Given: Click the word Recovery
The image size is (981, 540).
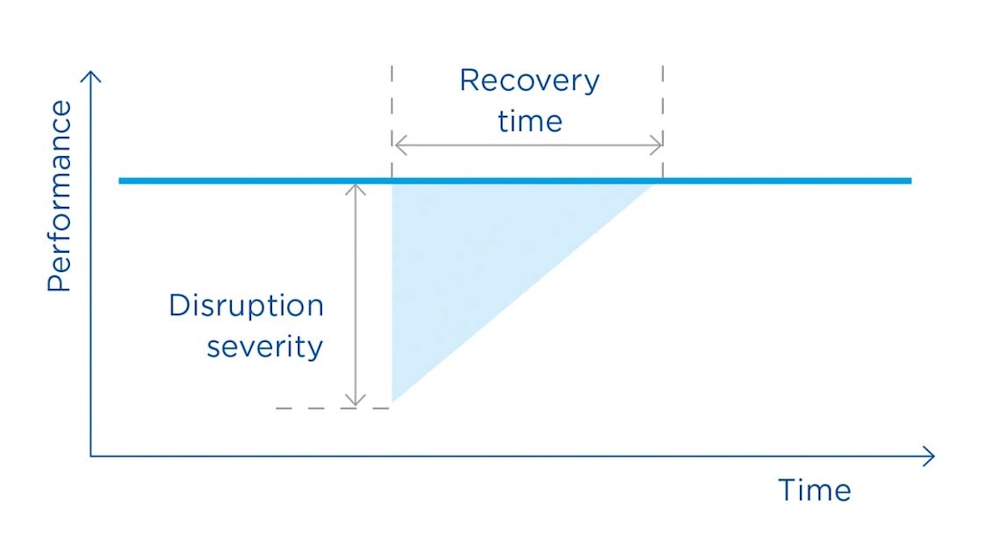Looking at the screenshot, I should (529, 81).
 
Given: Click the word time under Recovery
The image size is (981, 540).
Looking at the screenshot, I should (529, 122).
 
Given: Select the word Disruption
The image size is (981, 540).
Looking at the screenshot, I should (246, 306).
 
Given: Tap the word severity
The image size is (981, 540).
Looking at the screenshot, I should (265, 346).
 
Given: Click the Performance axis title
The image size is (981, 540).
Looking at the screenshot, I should (59, 196).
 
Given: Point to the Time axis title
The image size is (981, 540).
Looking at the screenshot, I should (814, 490).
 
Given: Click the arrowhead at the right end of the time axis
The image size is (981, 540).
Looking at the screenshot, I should (929, 457).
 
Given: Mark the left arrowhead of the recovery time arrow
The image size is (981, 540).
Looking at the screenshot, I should (398, 146).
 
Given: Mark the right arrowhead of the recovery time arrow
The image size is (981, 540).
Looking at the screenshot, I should (658, 146).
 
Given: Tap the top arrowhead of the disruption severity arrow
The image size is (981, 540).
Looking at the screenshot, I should (355, 187).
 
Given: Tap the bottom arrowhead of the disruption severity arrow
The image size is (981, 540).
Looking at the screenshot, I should (355, 403).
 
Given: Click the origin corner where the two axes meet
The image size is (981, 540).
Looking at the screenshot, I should (90, 457).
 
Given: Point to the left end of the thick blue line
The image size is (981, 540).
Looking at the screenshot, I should (122, 180).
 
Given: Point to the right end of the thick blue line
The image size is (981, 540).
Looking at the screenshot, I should (908, 180).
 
